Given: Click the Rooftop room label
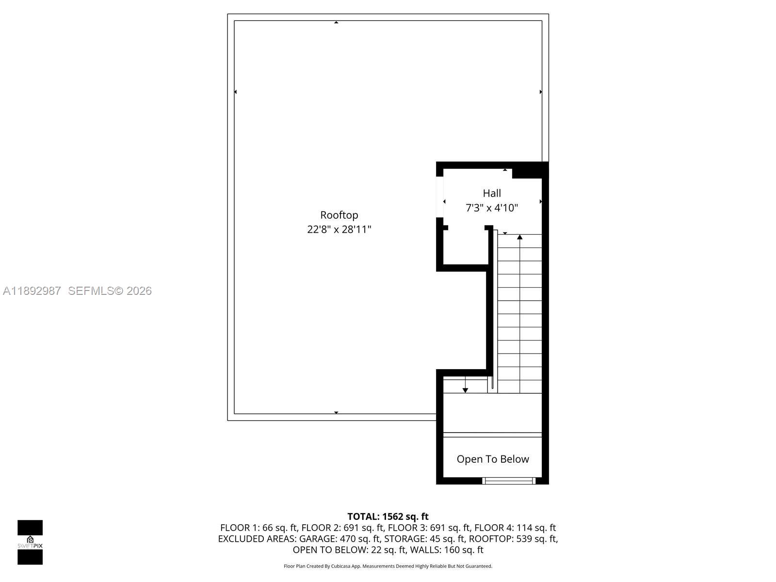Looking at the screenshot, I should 339,215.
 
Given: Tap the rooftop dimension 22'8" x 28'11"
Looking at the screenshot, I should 339,229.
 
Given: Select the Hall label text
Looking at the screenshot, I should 492,193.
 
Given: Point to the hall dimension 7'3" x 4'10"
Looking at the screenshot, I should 492,208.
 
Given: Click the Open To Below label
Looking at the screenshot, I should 493,459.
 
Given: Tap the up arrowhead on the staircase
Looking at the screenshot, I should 520,237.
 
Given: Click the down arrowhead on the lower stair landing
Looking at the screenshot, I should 465,390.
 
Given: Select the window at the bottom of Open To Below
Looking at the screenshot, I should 509,481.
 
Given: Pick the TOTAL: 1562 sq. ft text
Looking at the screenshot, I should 388,517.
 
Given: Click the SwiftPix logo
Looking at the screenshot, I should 30,542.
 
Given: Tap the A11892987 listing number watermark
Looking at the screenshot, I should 32,291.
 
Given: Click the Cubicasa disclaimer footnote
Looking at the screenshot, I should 388,566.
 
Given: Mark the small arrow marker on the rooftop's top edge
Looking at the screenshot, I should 336,22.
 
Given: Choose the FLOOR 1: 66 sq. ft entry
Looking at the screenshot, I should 259,528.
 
